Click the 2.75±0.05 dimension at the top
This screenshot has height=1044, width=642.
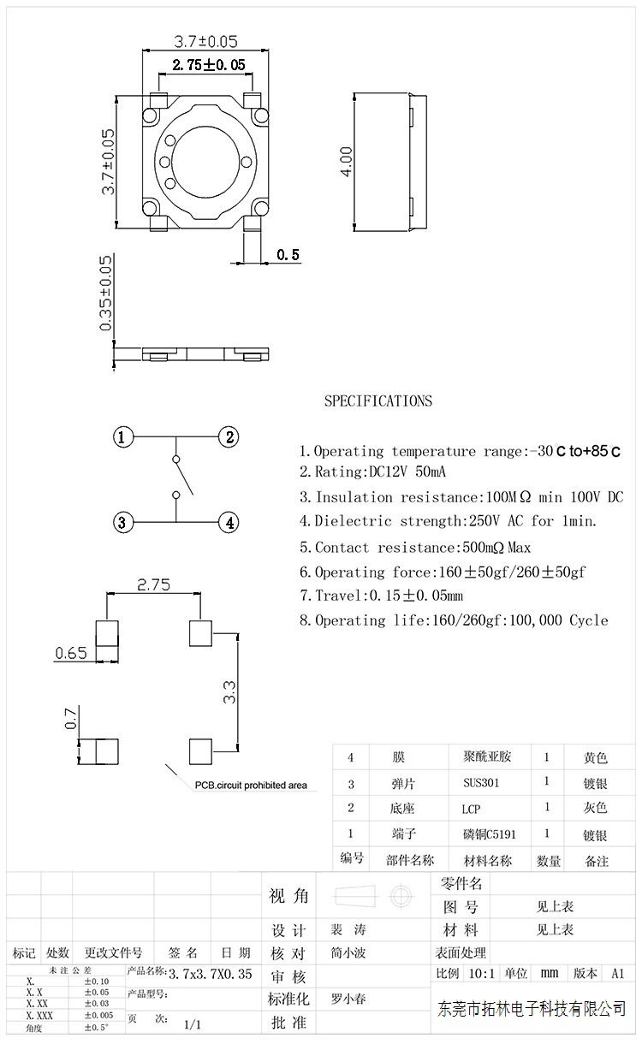pyautogui.click(x=208, y=64)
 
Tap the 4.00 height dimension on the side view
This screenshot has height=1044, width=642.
pyautogui.click(x=346, y=160)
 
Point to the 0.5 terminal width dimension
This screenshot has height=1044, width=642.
pyautogui.click(x=288, y=254)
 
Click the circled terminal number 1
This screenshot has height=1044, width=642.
pyautogui.click(x=123, y=438)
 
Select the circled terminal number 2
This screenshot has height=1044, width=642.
pyautogui.click(x=229, y=438)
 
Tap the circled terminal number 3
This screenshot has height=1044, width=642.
pyautogui.click(x=123, y=521)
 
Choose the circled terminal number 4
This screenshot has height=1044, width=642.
pyautogui.click(x=229, y=521)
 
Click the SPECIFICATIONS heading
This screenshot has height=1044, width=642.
pyautogui.click(x=377, y=400)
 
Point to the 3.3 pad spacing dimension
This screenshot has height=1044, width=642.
pyautogui.click(x=229, y=691)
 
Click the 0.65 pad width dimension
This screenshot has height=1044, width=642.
pyautogui.click(x=70, y=654)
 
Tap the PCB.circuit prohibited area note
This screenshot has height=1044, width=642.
pyautogui.click(x=249, y=785)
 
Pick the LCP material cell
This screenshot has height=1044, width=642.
pyautogui.click(x=471, y=809)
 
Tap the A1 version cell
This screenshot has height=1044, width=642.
pyautogui.click(x=617, y=973)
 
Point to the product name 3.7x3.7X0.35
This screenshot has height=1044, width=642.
pyautogui.click(x=210, y=974)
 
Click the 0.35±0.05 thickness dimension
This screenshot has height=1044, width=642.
pyautogui.click(x=106, y=294)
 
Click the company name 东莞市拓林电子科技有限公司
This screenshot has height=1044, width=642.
pyautogui.click(x=531, y=1009)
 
